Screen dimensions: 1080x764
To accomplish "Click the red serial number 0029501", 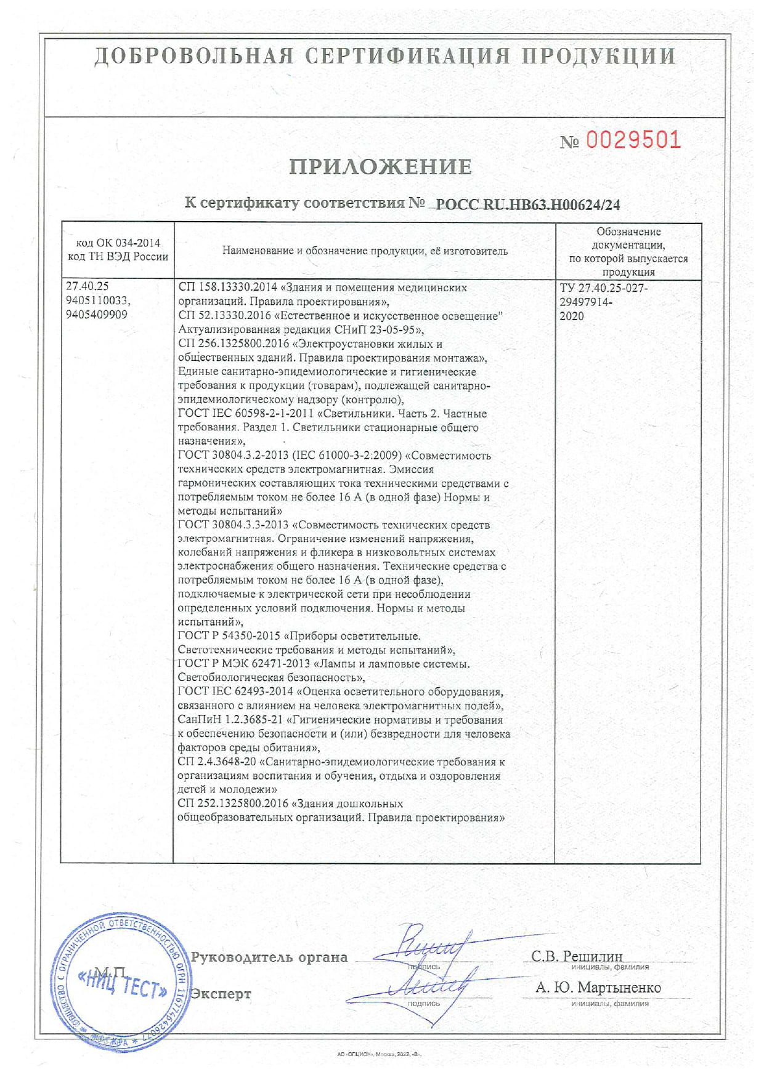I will (x=633, y=140).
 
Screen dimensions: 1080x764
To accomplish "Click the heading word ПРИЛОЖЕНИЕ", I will (x=381, y=167).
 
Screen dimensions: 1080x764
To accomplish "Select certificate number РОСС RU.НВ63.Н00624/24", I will (x=527, y=205).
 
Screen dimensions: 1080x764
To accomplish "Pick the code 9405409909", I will (x=97, y=315).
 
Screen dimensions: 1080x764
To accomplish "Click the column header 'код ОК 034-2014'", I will (x=118, y=243).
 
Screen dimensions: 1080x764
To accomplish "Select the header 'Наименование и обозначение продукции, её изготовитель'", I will (x=365, y=251).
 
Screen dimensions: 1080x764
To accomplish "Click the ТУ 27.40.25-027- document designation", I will (x=603, y=288).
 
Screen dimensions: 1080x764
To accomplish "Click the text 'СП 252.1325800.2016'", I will (x=233, y=804).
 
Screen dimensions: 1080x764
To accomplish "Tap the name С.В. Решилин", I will (x=577, y=956).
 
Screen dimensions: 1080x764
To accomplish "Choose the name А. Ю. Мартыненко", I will (x=598, y=988).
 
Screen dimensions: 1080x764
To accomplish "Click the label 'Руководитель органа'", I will (x=269, y=957).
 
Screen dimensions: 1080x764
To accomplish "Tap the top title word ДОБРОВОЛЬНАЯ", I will (x=193, y=57).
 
